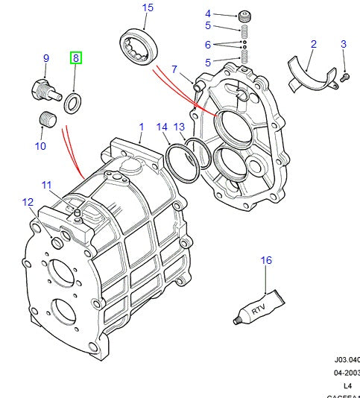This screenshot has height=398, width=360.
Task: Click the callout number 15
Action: [x=148, y=8]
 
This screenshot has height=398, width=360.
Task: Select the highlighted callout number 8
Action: [x=76, y=58]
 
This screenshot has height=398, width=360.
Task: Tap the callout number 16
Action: [x=266, y=260]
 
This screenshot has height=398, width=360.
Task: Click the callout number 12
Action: [x=28, y=202]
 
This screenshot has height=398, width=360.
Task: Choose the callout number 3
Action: [x=344, y=45]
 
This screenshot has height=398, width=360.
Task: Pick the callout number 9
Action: [x=45, y=58]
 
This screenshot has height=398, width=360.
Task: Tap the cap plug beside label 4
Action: [x=243, y=16]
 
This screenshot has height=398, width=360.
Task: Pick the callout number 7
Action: [x=174, y=70]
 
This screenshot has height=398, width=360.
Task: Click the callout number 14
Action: [x=162, y=127]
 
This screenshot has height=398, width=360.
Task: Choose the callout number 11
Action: [x=46, y=186]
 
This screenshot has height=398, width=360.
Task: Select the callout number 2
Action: [x=314, y=45]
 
